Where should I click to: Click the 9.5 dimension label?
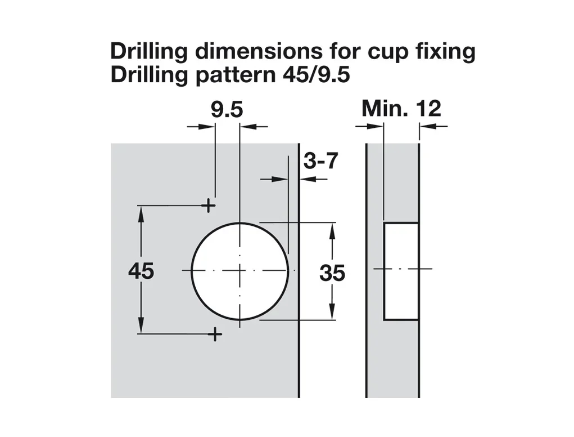pyautogui.click(x=227, y=110)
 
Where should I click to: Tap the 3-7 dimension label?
pyautogui.click(x=320, y=161)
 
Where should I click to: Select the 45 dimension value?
pyautogui.click(x=141, y=271)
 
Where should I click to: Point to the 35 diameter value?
pyautogui.click(x=332, y=273)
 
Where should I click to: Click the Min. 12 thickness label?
pyautogui.click(x=401, y=109)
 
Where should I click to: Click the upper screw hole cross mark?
pyautogui.click(x=209, y=206)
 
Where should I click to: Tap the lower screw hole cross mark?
pyautogui.click(x=215, y=334)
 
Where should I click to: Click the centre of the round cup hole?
pyautogui.click(x=240, y=271)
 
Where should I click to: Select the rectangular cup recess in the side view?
pyautogui.click(x=401, y=271)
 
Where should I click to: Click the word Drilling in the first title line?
pyautogui.click(x=148, y=52)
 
